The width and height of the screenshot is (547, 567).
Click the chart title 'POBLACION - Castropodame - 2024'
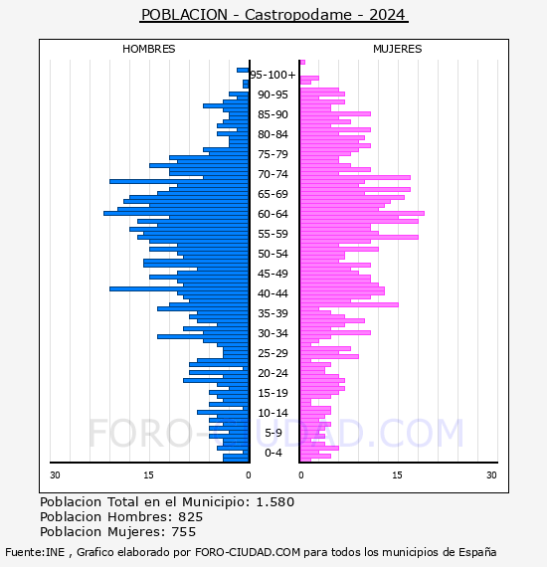(x=273, y=15)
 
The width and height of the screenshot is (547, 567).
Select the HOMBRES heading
(x=148, y=49)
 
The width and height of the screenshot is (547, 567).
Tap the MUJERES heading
(x=398, y=49)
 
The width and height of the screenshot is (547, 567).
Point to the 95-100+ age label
(x=273, y=75)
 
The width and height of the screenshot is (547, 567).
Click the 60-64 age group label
(x=273, y=214)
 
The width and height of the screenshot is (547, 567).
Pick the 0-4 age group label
(x=273, y=453)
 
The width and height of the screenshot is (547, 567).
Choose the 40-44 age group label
(x=273, y=293)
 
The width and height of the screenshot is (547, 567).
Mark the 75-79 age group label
(x=273, y=154)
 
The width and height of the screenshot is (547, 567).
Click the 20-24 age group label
(x=273, y=373)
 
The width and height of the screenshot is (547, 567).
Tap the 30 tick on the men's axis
(x=55, y=474)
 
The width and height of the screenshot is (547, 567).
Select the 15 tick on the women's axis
(x=397, y=474)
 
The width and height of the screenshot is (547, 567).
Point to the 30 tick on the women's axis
(x=491, y=474)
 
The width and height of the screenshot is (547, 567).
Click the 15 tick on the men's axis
(x=148, y=474)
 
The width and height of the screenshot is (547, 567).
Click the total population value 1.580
(x=275, y=502)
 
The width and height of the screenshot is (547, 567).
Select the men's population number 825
(x=191, y=516)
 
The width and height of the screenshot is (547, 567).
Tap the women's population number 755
(x=184, y=531)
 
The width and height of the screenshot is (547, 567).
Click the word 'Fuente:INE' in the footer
(x=35, y=552)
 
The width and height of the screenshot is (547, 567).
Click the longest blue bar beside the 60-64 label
(x=176, y=213)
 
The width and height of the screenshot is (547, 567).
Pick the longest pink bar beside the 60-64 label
(x=362, y=213)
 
